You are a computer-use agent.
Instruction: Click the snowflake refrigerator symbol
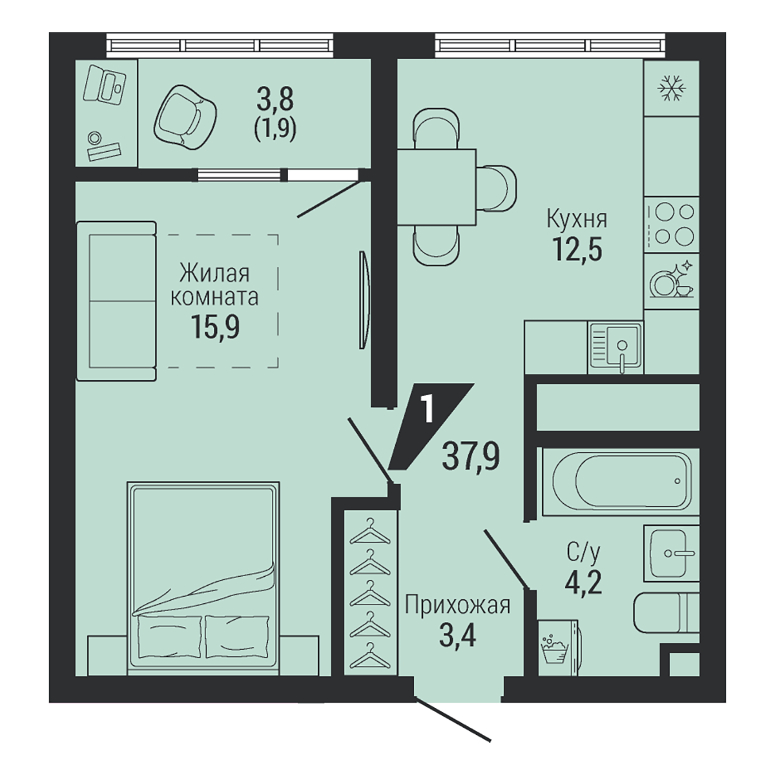pos(671,88)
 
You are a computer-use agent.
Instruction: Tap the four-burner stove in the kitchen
pos(671,224)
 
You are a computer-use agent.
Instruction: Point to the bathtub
pos(622,480)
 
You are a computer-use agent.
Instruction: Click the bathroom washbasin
pos(671,553)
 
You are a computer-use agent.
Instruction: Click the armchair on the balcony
pos(185,117)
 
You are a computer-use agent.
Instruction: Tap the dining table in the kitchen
pos(437,187)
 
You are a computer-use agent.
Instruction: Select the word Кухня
pos(577,220)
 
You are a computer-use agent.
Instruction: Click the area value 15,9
pos(216,327)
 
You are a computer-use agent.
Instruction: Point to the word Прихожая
pos(457,605)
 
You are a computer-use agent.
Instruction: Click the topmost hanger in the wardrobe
pos(369,532)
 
